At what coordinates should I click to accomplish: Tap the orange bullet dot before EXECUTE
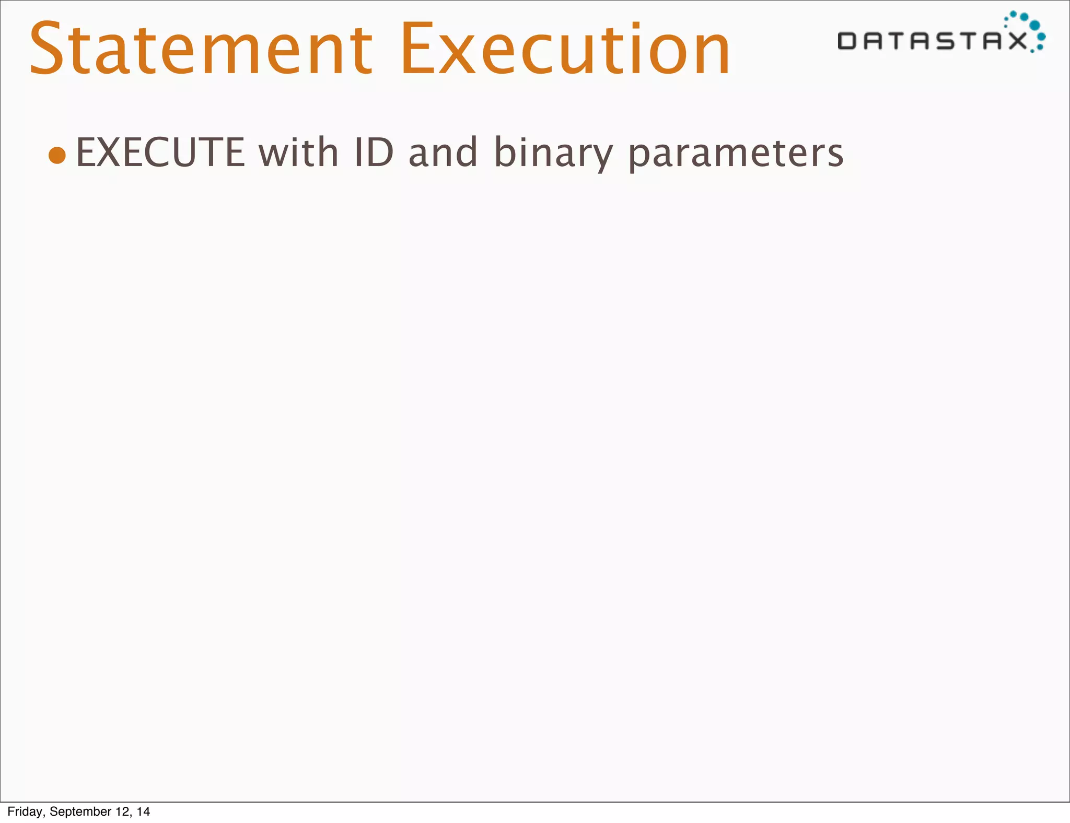tap(57, 155)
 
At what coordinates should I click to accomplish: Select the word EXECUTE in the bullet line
tap(160, 152)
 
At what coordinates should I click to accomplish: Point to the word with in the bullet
tap(298, 152)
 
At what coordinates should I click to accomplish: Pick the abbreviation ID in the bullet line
tap(373, 152)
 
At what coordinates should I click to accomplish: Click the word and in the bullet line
tap(443, 152)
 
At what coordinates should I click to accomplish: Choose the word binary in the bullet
tap(553, 154)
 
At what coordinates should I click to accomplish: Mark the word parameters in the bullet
tap(736, 154)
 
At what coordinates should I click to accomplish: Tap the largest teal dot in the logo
tap(1034, 25)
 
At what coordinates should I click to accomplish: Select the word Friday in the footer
tap(25, 812)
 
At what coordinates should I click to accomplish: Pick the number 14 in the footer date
tap(143, 812)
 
